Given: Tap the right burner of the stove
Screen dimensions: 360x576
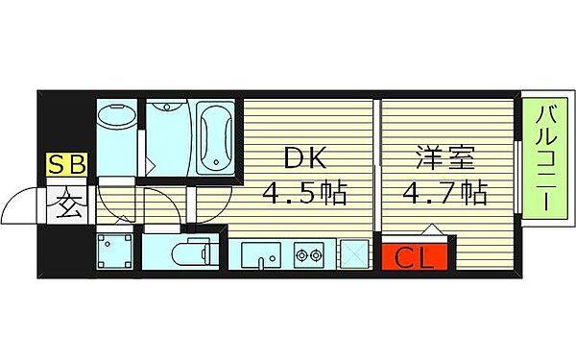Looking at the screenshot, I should coord(318,255).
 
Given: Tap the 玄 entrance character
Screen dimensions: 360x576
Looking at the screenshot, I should coord(67,204).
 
